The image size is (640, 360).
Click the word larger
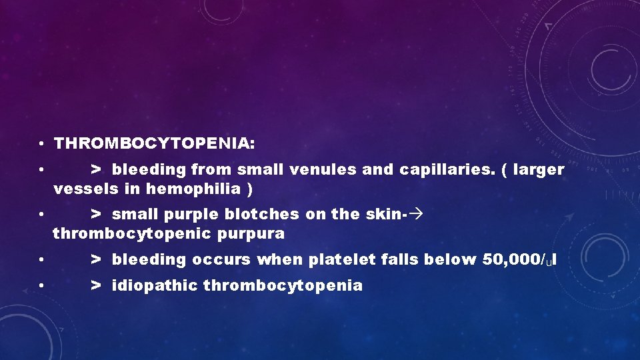pyautogui.click(x=539, y=170)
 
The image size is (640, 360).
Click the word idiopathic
pyautogui.click(x=155, y=286)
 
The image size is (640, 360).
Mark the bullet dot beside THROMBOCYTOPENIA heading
pyautogui.click(x=41, y=144)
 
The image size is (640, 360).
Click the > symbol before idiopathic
pyautogui.click(x=97, y=286)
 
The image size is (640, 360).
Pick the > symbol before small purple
pyautogui.click(x=97, y=215)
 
